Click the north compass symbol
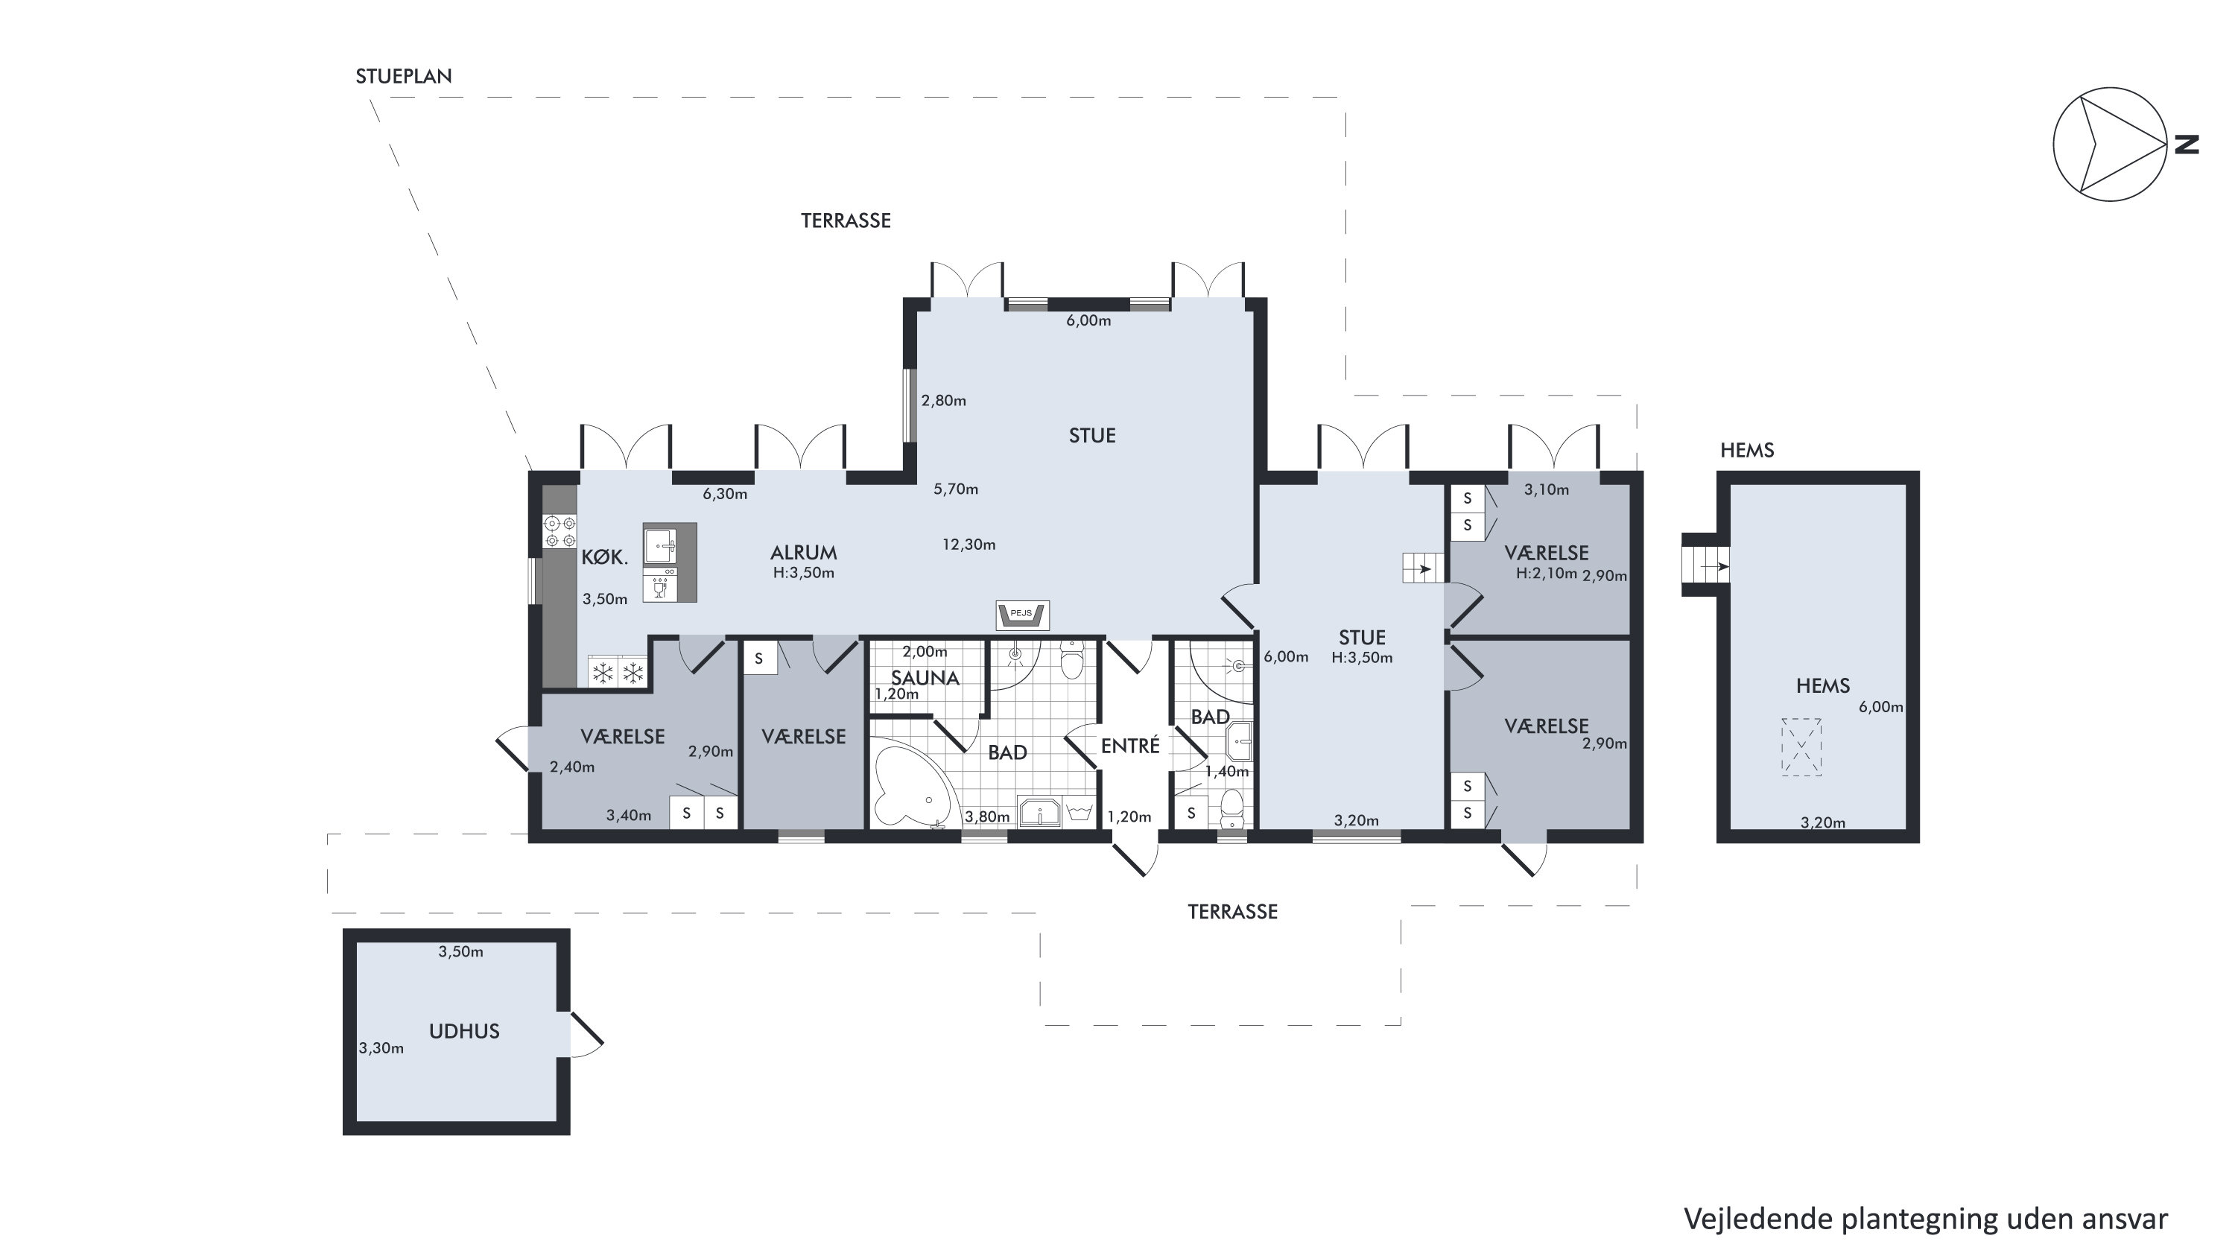(x=2109, y=144)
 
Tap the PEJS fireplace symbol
(x=1022, y=614)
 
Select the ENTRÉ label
(x=1129, y=745)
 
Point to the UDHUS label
(x=464, y=1031)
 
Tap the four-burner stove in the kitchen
(x=559, y=531)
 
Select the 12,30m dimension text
(x=969, y=545)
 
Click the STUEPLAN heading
(x=404, y=76)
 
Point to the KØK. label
(x=605, y=557)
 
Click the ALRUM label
(x=803, y=553)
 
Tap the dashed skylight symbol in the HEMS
(x=1801, y=746)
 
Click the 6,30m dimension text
(x=724, y=495)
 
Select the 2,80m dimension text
(x=943, y=401)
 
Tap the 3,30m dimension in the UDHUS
(x=381, y=1048)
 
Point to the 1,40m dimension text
(x=1227, y=771)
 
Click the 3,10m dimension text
(x=1546, y=490)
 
